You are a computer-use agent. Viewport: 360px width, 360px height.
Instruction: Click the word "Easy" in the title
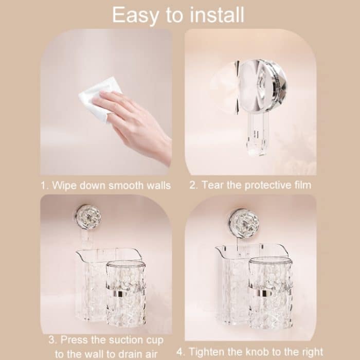(135, 15)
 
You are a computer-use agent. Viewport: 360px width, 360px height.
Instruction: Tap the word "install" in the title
(217, 15)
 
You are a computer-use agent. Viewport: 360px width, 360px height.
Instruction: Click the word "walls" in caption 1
(159, 185)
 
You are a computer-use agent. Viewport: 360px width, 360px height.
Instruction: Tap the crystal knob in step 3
(88, 217)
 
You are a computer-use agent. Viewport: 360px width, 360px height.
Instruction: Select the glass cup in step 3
(126, 294)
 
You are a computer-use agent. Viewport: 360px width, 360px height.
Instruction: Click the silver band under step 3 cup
(121, 294)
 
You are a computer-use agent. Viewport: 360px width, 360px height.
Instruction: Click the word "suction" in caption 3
(124, 340)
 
